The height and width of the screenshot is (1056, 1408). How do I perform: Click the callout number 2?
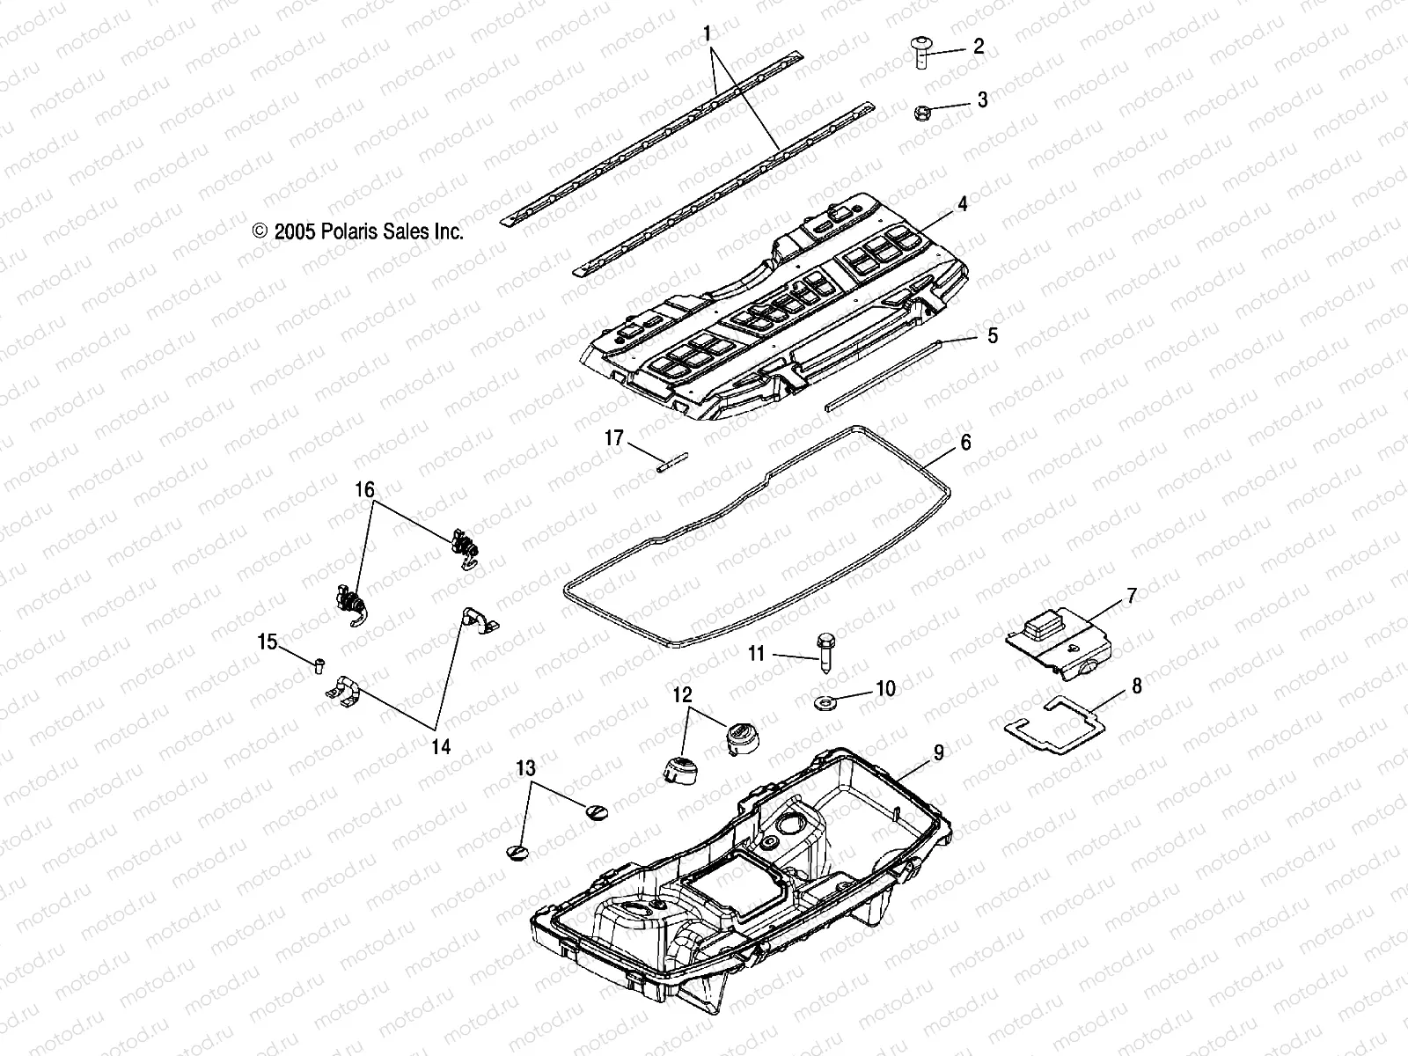[x=978, y=47]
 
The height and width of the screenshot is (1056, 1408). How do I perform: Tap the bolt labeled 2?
[x=918, y=55]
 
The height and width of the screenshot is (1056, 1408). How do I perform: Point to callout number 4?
[x=987, y=204]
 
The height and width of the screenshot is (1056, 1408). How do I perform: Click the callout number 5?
[x=993, y=335]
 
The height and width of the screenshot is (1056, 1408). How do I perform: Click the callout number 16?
[x=364, y=489]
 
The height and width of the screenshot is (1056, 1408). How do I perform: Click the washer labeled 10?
[x=827, y=702]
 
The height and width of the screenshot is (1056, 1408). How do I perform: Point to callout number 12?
[x=684, y=694]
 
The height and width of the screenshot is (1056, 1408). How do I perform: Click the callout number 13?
[x=525, y=768]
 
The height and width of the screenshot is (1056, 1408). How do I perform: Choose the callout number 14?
[x=441, y=746]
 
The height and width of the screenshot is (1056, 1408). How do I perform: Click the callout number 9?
[x=939, y=752]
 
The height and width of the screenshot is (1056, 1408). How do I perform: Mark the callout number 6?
[x=965, y=443]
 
